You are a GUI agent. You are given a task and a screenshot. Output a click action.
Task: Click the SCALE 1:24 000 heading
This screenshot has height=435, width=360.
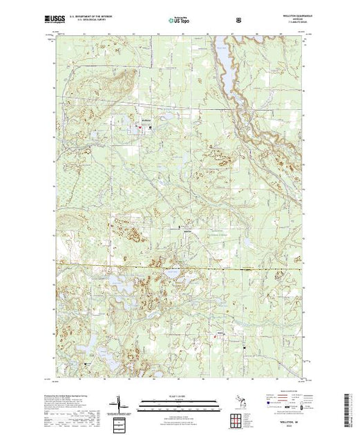click(180, 396)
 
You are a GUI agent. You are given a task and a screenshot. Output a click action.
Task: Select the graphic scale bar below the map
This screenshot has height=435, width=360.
click(180, 403)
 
